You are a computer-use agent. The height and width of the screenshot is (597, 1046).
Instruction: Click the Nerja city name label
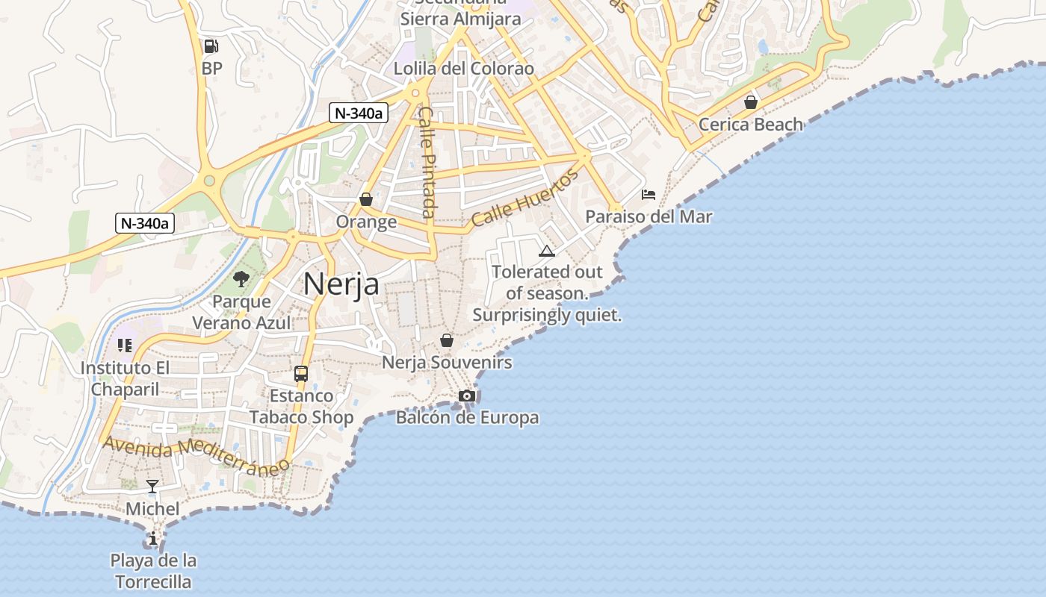341,284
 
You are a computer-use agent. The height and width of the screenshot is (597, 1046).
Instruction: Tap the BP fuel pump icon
211,46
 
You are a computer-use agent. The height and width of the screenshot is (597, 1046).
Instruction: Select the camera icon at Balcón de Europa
467,396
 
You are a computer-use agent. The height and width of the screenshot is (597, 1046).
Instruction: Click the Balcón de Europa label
467,417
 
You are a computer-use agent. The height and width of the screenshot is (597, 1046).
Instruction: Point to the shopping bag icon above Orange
366,199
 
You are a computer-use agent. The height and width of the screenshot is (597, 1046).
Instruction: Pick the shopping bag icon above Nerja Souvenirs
447,340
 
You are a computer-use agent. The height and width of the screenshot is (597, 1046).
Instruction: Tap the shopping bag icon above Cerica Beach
751,102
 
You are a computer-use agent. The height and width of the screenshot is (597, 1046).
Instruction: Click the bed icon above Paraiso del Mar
649,195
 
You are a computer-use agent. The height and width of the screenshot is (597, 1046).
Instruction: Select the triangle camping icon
547,251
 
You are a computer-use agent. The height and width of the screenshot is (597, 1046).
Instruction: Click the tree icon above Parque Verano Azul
241,279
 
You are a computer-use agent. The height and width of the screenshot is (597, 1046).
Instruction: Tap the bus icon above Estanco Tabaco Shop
301,374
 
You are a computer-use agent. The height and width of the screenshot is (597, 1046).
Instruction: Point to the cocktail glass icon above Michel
152,487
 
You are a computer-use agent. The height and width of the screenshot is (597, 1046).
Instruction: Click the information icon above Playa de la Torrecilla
153,538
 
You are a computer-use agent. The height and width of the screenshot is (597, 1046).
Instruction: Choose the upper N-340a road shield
359,113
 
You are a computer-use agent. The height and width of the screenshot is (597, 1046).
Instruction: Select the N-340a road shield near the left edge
145,222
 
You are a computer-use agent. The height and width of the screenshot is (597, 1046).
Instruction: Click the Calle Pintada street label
426,162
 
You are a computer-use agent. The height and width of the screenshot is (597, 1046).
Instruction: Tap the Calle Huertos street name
524,198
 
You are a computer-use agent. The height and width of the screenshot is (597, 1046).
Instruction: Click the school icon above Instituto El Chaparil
125,346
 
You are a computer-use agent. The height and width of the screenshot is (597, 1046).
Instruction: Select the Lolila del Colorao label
464,69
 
